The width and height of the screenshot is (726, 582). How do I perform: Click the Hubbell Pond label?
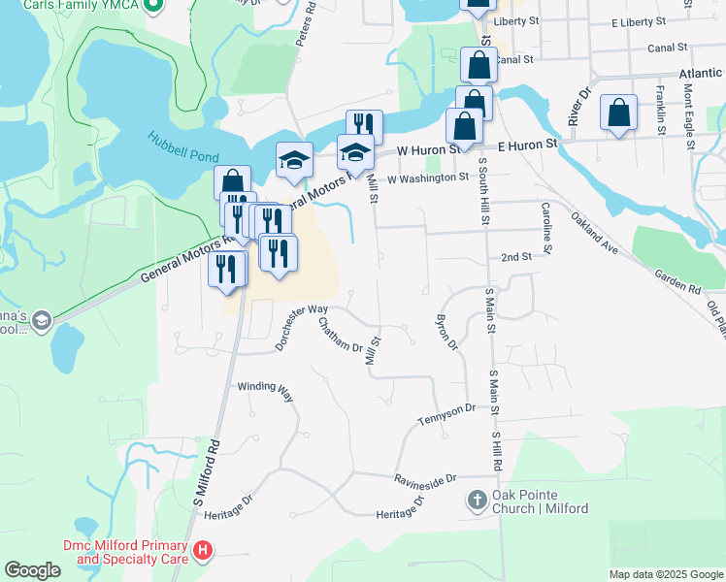tap(183, 146)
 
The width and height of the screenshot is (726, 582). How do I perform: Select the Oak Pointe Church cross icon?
tap(477, 501)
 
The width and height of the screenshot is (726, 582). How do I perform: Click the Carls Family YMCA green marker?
tap(152, 6)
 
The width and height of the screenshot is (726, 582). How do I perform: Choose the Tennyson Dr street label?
tap(447, 413)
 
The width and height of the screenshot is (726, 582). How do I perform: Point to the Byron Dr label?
tap(446, 331)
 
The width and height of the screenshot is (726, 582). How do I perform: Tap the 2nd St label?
tap(516, 257)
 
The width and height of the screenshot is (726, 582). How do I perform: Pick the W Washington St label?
tap(428, 178)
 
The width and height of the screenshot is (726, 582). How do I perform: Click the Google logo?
tap(32, 570)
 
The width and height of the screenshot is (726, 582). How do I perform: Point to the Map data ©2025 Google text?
tap(665, 574)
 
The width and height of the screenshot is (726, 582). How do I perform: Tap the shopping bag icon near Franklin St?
tap(618, 113)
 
